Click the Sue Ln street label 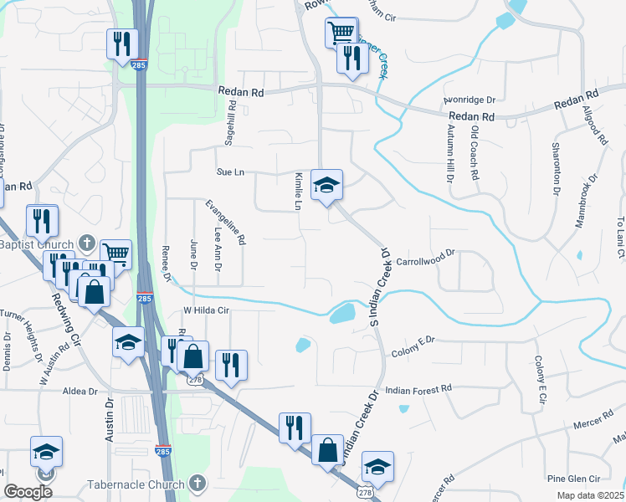click(230, 172)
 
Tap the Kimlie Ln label click(297, 192)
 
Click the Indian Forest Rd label click(418, 390)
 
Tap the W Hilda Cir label click(206, 310)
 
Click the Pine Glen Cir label click(573, 479)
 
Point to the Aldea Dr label click(80, 391)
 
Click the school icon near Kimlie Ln click(327, 185)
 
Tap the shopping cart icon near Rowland click(341, 33)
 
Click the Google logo click(28, 492)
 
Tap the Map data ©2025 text click(590, 495)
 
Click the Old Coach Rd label click(475, 154)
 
